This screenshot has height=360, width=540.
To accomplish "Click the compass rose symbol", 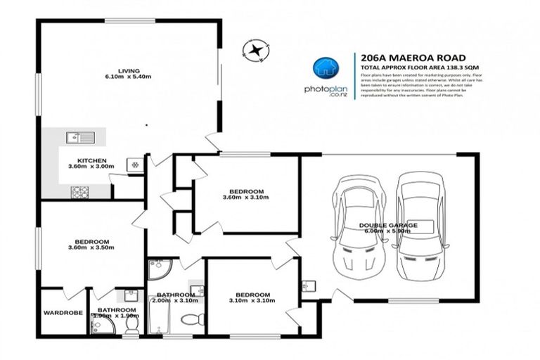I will (254, 49).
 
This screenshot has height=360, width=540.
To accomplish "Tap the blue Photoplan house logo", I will (326, 68).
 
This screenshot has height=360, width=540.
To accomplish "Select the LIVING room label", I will (129, 70).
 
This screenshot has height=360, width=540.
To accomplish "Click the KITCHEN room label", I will (91, 161).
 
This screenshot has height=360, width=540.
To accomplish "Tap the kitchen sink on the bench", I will (75, 138).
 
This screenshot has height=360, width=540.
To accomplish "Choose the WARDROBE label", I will (63, 313).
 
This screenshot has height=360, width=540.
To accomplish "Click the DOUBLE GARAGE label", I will (389, 226).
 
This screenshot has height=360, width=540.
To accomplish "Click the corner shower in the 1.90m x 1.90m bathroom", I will (101, 324).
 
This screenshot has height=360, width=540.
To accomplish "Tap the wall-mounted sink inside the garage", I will (308, 285).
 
